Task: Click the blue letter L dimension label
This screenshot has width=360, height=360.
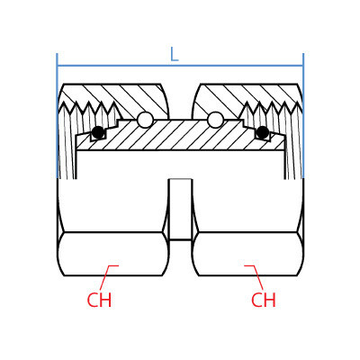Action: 175,54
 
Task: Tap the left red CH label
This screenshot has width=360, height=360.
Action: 99,300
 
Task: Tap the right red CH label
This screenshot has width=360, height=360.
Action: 264,300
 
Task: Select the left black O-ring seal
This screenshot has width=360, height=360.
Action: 98,132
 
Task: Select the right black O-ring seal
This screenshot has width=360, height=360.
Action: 262,132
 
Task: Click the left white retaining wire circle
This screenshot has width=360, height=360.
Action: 145,120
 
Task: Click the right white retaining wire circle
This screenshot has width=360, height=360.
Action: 215,120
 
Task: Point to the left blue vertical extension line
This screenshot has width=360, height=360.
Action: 57,116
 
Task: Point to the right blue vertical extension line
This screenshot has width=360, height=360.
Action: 303,116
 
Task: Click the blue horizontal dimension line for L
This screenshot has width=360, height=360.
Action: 180,66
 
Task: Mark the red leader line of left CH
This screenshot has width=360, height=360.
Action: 107,274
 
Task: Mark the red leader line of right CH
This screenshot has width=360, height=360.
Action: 255,274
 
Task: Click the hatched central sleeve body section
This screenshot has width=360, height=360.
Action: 180,135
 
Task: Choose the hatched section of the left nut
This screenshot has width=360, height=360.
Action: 126,99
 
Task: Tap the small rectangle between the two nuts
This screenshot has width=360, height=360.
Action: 180,210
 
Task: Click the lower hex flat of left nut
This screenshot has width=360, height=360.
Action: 113,254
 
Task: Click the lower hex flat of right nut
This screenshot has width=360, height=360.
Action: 247,254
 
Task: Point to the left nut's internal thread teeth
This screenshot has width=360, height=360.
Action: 90,109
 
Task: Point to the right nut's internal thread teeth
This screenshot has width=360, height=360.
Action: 271,109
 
